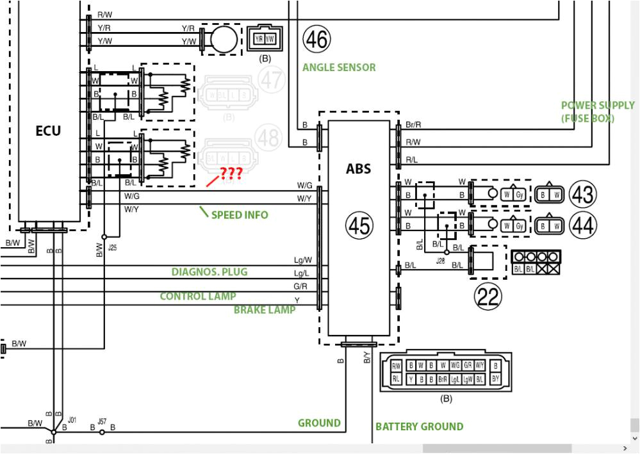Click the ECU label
pyautogui.click(x=48, y=131)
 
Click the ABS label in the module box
pyautogui.click(x=358, y=170)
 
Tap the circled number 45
pyautogui.click(x=359, y=225)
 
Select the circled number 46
pyautogui.click(x=316, y=40)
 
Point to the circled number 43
pyautogui.click(x=582, y=193)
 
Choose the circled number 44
pyautogui.click(x=582, y=225)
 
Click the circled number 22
pyautogui.click(x=488, y=295)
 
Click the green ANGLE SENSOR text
pyautogui.click(x=339, y=67)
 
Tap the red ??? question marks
pyautogui.click(x=231, y=174)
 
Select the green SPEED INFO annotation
pyautogui.click(x=240, y=215)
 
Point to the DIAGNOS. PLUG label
pyautogui.click(x=209, y=272)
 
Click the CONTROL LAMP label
pyautogui.click(x=197, y=296)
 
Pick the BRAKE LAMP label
pyautogui.click(x=265, y=310)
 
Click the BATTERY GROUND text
pyautogui.click(x=419, y=426)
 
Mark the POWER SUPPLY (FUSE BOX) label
pyautogui.click(x=597, y=111)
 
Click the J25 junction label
pyautogui.click(x=112, y=247)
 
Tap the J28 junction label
pyautogui.click(x=440, y=261)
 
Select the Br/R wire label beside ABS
pyautogui.click(x=413, y=125)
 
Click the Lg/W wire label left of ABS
pyautogui.click(x=302, y=260)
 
